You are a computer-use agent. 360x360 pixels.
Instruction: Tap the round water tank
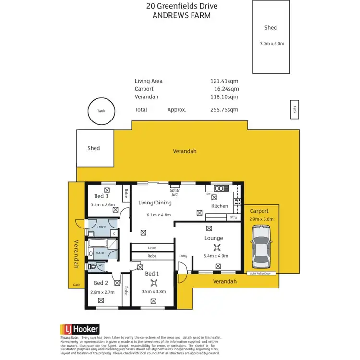(101, 111)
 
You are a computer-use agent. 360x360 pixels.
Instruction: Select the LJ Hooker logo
(80, 329)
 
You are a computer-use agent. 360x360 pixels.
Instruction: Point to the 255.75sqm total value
(225, 109)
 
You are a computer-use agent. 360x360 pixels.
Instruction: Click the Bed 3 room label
(101, 196)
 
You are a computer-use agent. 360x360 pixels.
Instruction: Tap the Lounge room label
(214, 238)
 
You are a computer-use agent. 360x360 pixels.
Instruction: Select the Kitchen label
(220, 206)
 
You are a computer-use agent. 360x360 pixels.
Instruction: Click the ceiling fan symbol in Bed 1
(153, 282)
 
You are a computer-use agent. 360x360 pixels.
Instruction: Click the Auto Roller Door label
(260, 273)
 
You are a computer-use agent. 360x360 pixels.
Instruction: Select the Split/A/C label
(174, 192)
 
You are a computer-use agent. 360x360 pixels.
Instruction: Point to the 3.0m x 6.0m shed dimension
(271, 44)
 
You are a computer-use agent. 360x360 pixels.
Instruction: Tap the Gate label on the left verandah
(76, 284)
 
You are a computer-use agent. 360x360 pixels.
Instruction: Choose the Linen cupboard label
(152, 247)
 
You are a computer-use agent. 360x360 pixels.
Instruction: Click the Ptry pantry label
(233, 217)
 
